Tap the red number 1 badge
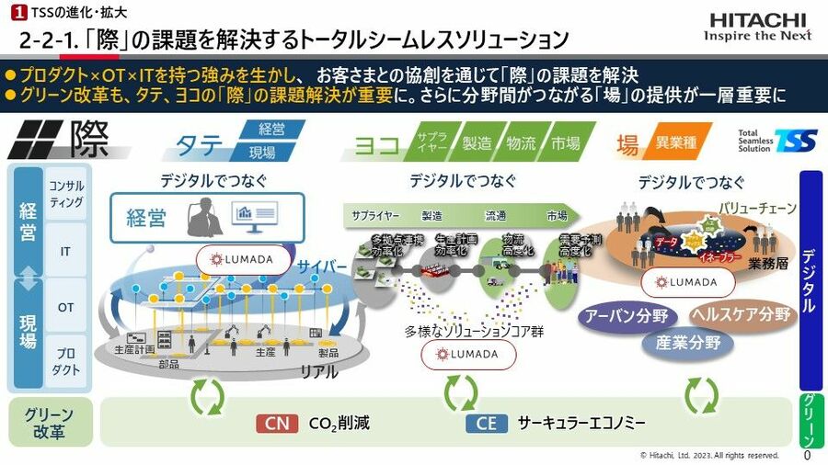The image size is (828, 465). click(x=16, y=16)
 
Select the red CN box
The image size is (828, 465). click(x=277, y=424)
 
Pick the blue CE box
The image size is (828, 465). click(x=487, y=424)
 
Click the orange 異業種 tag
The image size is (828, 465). click(x=677, y=142)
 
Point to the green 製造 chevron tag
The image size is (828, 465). click(x=477, y=142)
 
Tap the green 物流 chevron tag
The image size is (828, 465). click(x=522, y=142)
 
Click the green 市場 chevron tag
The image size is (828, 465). click(x=566, y=142)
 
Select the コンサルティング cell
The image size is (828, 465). click(x=65, y=194)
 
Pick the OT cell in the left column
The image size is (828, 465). click(x=65, y=307)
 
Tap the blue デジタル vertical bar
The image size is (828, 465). click(x=811, y=280)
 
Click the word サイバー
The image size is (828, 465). click(x=323, y=267)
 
